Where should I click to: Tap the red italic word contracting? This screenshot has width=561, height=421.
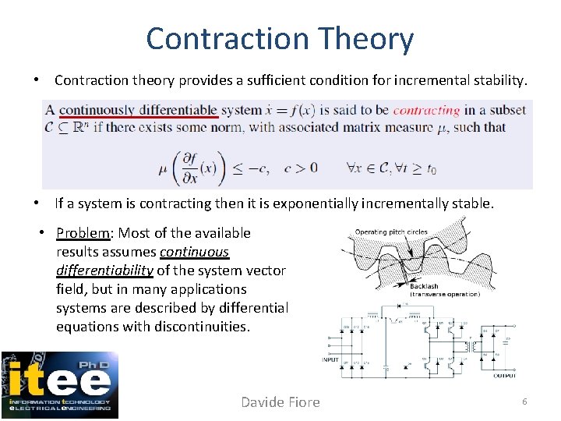point(426,111)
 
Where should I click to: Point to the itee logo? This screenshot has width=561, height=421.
point(60,384)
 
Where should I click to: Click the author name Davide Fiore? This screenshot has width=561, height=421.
point(280,402)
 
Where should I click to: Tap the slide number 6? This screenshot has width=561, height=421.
point(524,401)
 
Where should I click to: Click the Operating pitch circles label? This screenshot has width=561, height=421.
point(390,232)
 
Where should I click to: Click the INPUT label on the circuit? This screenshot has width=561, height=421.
point(330,360)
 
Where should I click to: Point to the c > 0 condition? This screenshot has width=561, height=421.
point(299,167)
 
